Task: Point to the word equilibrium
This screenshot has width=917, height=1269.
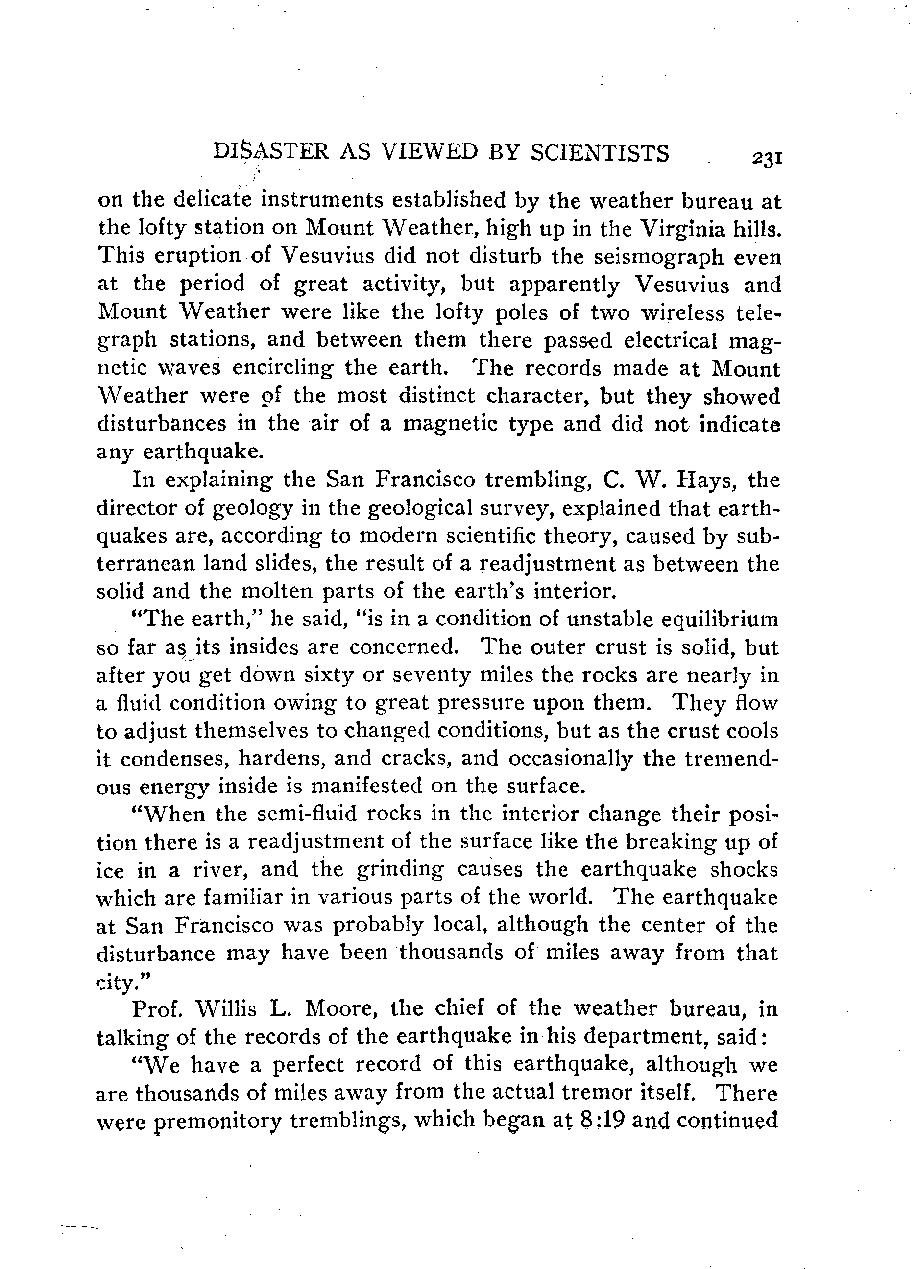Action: point(720,620)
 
